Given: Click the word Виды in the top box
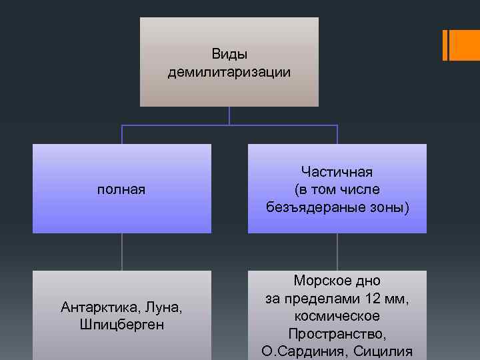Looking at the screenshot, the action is [x=229, y=53].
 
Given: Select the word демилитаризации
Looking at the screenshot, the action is [x=229, y=71].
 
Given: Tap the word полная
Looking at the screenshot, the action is [x=121, y=190].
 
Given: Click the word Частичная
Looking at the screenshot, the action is [x=337, y=172].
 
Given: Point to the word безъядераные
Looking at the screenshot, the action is [x=307, y=207].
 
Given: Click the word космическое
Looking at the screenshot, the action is [x=337, y=316].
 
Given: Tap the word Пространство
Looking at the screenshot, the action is [x=337, y=333].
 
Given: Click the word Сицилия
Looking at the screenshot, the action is [x=384, y=351].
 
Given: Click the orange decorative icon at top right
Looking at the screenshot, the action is [x=461, y=45].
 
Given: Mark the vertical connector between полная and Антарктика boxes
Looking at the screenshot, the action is [x=121, y=252].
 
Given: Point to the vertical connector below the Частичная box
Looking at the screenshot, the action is [x=337, y=252].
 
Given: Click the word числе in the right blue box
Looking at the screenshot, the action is [x=361, y=190].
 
